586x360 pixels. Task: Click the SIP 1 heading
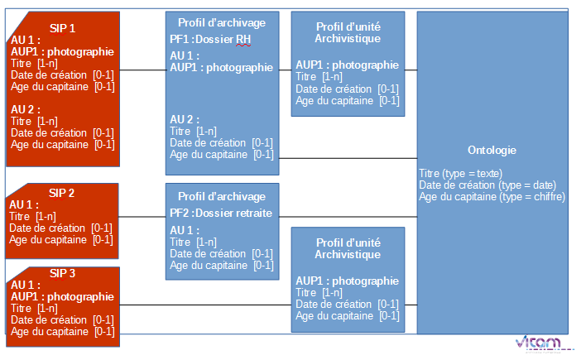62,27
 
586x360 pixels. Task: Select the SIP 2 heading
62,193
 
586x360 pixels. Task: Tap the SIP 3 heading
62,273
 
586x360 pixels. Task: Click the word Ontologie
492,151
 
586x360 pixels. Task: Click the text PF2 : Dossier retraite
220,213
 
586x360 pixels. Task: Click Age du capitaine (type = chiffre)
492,197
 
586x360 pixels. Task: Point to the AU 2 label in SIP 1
26,109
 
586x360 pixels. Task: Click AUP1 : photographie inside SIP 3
62,296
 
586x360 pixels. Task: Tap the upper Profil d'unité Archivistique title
348,32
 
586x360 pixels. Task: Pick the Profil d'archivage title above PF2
222,197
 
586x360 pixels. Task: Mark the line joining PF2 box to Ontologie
348,217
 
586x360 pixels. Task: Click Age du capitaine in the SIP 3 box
50,331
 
